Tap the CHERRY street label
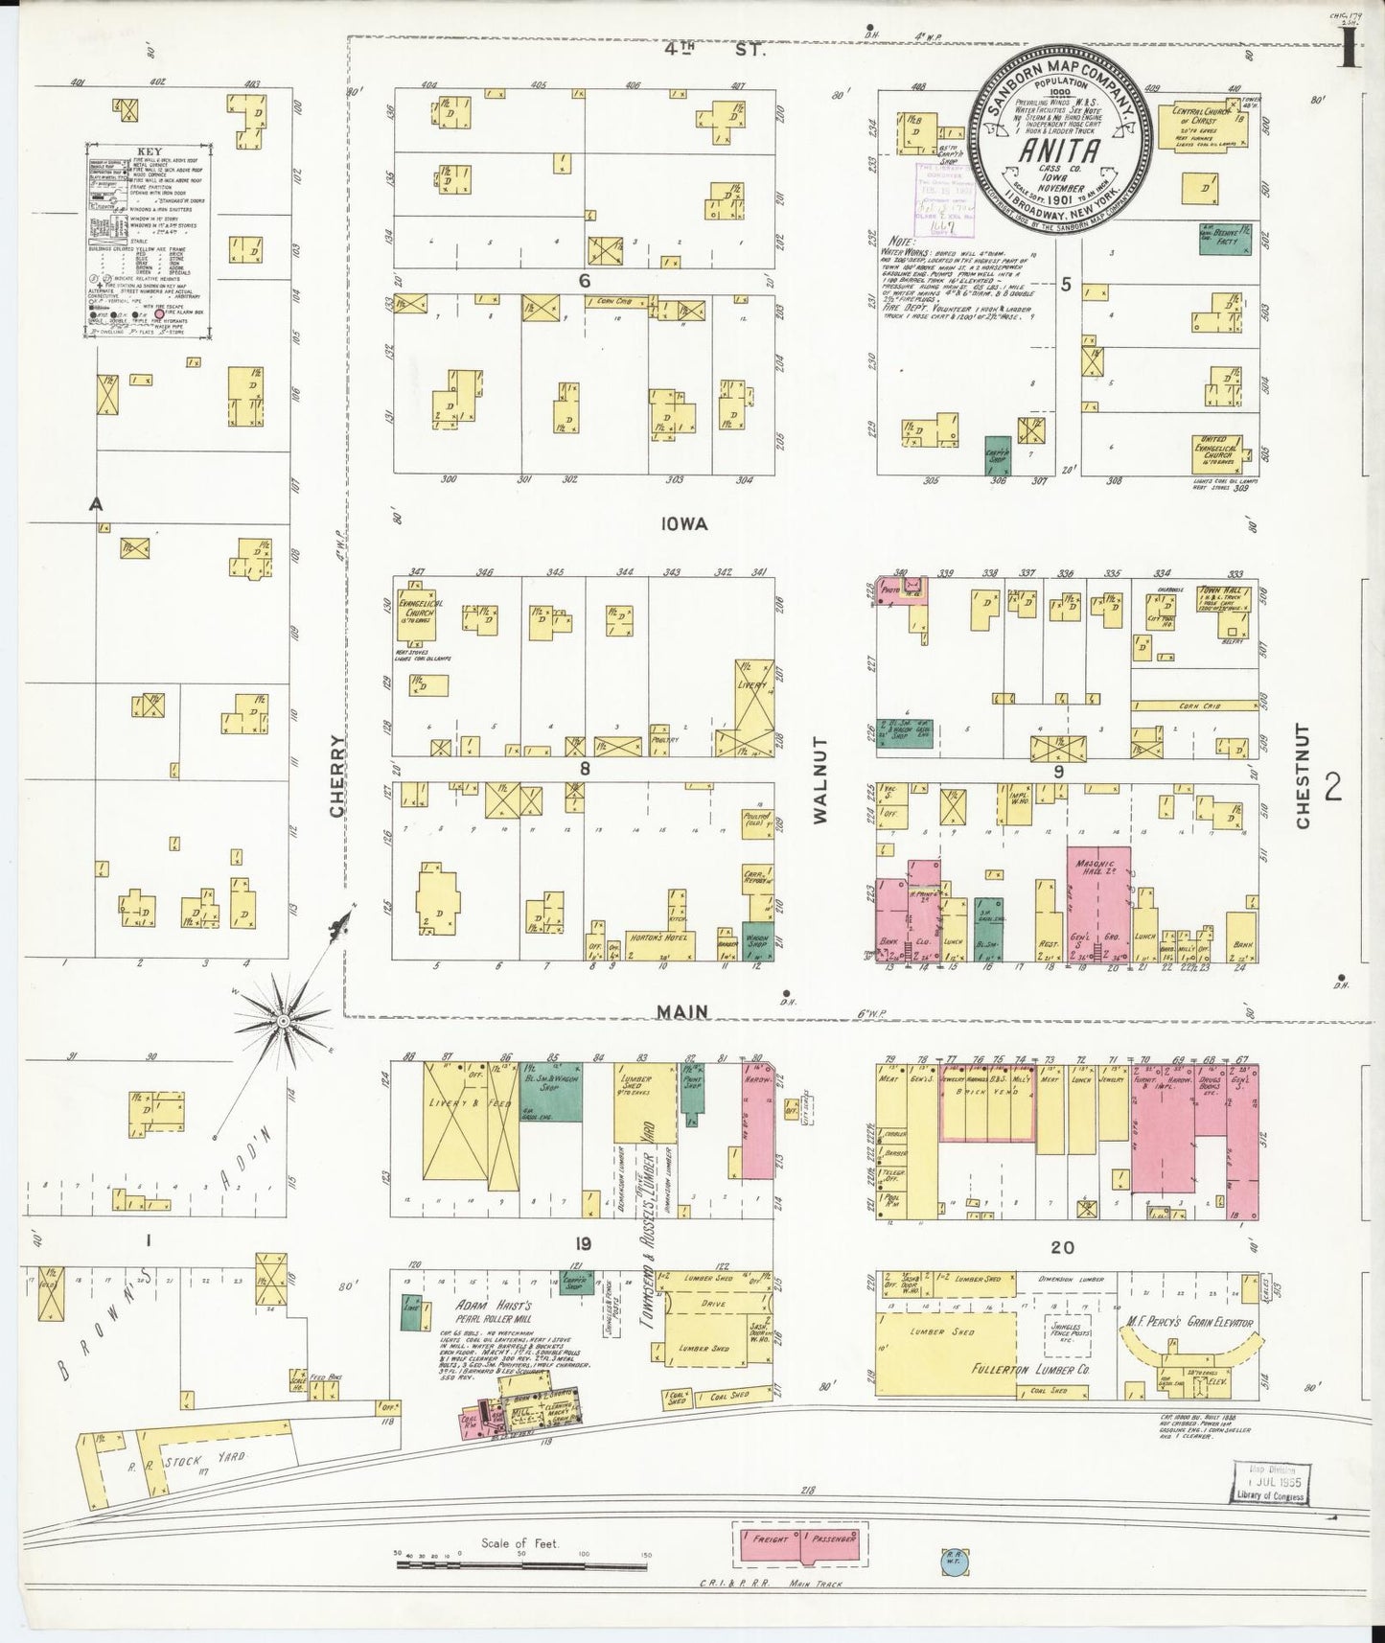pyautogui.click(x=336, y=775)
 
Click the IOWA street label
pyautogui.click(x=682, y=523)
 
